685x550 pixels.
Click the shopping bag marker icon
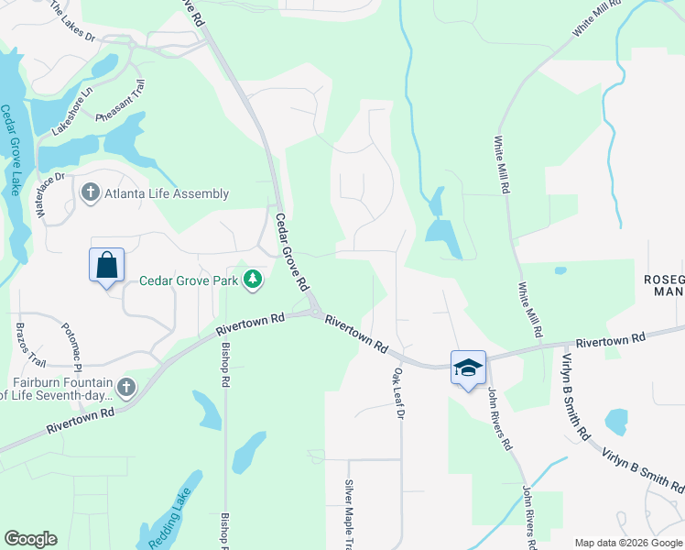point(106,265)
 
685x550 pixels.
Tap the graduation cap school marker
point(468,368)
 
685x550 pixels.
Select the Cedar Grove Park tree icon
point(253,280)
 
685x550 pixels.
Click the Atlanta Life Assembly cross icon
point(90,193)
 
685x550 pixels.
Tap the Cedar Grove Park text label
point(189,280)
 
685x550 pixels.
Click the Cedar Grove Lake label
point(9,151)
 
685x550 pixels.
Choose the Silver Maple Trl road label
point(349,513)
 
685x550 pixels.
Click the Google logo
point(29,539)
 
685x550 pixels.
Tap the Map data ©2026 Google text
point(627,543)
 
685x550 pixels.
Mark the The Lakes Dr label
point(71,21)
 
